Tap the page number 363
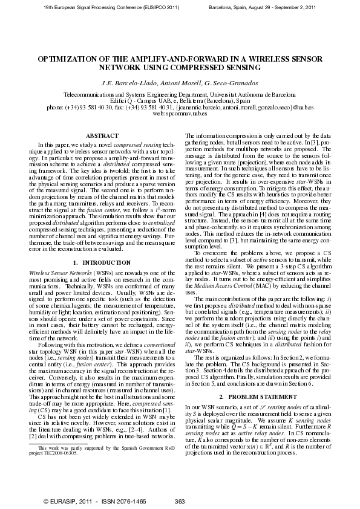tap(179, 501)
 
